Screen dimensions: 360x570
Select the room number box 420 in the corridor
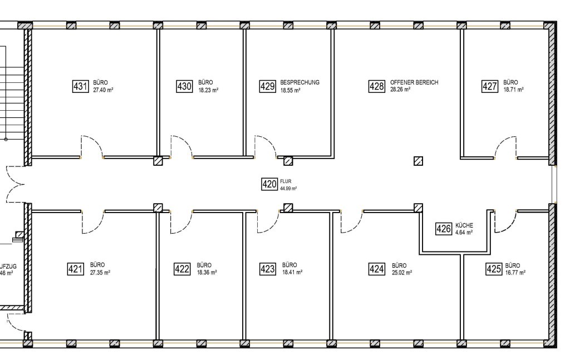tap(269, 184)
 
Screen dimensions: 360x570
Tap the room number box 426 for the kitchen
tap(443, 229)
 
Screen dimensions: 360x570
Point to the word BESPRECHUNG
tap(300, 82)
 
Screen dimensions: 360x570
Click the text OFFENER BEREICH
tap(414, 82)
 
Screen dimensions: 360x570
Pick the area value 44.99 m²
tap(288, 189)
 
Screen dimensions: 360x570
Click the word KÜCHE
tap(464, 225)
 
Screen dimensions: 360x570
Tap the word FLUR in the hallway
tap(286, 181)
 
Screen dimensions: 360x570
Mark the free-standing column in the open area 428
tap(419, 161)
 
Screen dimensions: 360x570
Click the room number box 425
tap(494, 269)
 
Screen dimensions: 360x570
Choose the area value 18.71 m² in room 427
tap(513, 89)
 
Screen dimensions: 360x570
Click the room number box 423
tap(268, 269)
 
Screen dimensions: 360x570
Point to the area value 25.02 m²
tap(402, 273)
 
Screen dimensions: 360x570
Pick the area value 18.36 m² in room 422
tap(207, 273)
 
